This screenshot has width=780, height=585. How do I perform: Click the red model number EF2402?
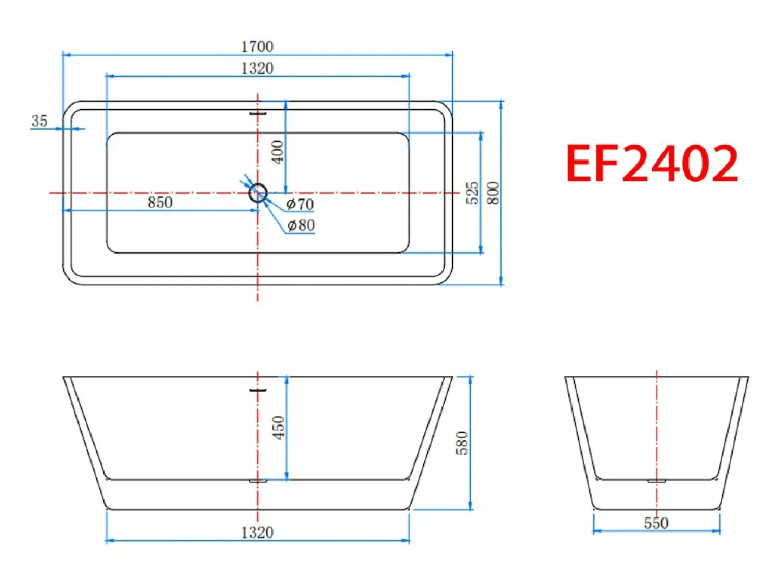click(x=652, y=164)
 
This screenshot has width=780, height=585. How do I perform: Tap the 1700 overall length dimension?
click(x=257, y=47)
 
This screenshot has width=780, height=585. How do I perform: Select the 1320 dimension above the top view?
click(x=257, y=69)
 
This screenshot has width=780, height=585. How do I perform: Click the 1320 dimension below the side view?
click(x=257, y=533)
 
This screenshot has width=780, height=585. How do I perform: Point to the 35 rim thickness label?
click(x=40, y=121)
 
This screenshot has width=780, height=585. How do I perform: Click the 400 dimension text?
click(x=278, y=152)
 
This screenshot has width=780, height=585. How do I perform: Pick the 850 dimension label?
click(x=160, y=202)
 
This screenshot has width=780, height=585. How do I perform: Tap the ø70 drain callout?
click(x=300, y=204)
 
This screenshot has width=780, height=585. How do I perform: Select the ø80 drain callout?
click(x=301, y=225)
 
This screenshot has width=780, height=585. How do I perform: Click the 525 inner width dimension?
click(x=473, y=193)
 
